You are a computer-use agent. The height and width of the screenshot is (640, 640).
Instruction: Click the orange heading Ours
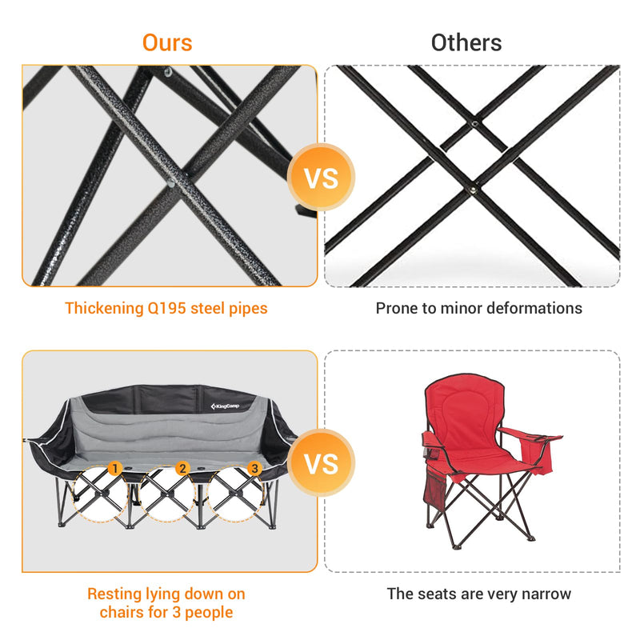tap(167, 42)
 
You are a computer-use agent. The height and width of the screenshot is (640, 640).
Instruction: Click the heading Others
tap(466, 42)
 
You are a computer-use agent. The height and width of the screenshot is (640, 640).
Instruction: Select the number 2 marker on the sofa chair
tap(182, 468)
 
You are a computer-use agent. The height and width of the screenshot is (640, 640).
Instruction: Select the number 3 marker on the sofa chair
tap(254, 468)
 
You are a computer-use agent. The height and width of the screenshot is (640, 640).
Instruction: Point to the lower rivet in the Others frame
tap(474, 190)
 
